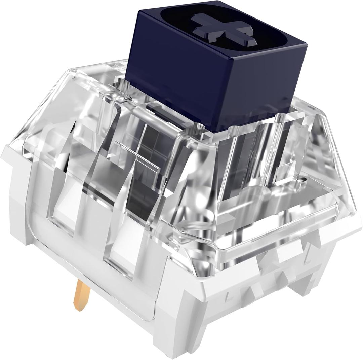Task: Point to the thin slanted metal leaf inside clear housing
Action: [x=138, y=155]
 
